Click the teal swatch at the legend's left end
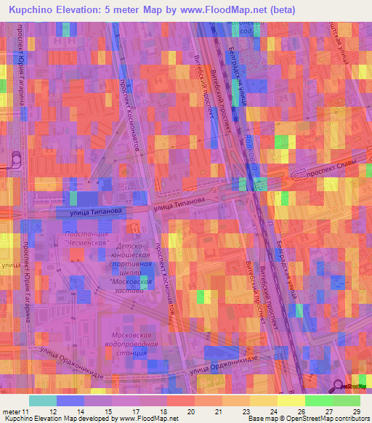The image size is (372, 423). click(x=43, y=400)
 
